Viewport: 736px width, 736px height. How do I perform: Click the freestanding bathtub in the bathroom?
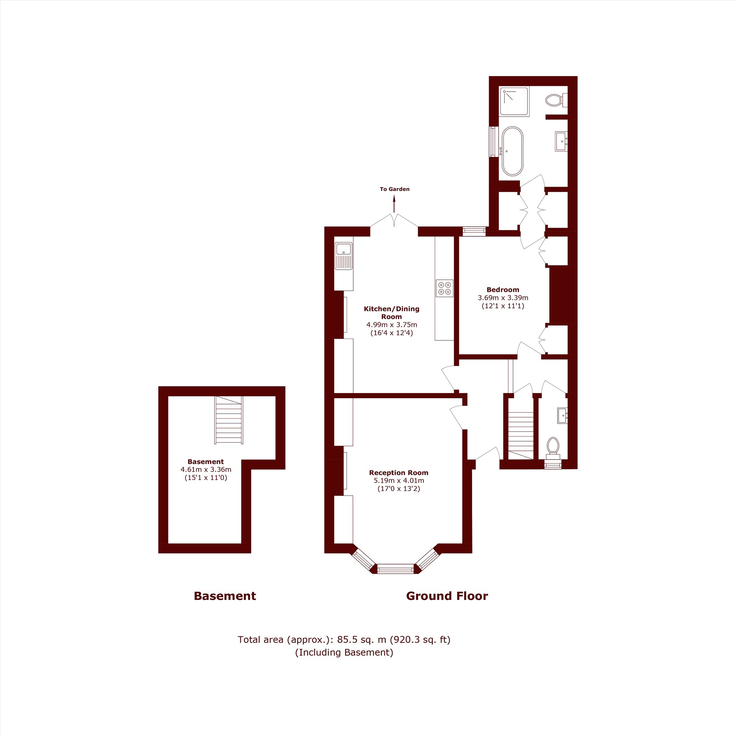pyautogui.click(x=512, y=151)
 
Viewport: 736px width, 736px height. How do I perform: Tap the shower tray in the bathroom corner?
pyautogui.click(x=515, y=102)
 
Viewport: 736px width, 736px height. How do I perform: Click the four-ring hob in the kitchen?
pyautogui.click(x=445, y=289)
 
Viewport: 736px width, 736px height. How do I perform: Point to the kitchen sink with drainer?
pyautogui.click(x=344, y=256)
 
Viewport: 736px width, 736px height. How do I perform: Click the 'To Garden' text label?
pyautogui.click(x=394, y=189)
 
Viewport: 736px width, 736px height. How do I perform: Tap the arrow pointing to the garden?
pyautogui.click(x=394, y=204)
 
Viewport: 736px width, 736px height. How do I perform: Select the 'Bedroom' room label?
pyautogui.click(x=503, y=290)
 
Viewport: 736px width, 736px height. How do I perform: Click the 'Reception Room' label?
pyautogui.click(x=399, y=473)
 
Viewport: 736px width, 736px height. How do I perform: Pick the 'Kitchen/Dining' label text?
pyautogui.click(x=392, y=309)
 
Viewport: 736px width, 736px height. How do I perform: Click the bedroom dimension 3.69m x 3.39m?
pyautogui.click(x=503, y=297)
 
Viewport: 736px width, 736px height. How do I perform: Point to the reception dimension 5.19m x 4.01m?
pyautogui.click(x=399, y=480)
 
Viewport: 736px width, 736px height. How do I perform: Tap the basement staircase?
pyautogui.click(x=229, y=420)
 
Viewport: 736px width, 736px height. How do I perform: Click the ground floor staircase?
pyautogui.click(x=521, y=435)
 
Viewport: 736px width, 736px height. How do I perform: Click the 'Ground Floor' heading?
pyautogui.click(x=447, y=596)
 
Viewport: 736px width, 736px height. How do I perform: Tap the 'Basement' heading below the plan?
pyautogui.click(x=225, y=596)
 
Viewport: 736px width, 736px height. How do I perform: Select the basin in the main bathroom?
pyautogui.click(x=561, y=141)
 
